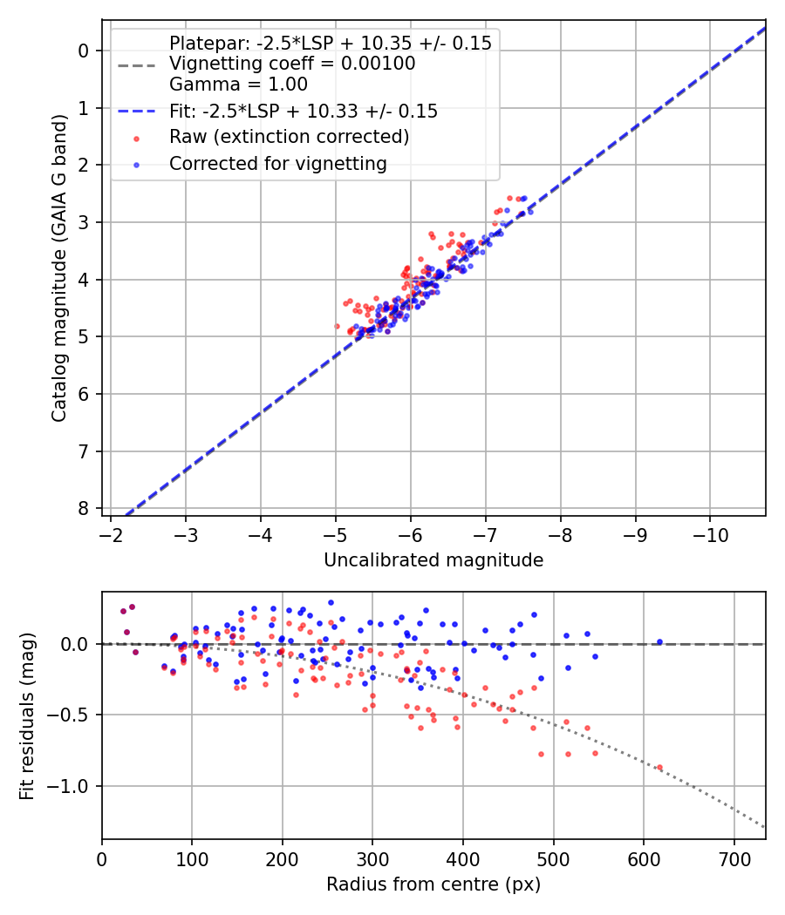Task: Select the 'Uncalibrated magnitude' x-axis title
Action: [433, 560]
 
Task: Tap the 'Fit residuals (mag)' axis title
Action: [27, 716]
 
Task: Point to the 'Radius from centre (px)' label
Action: [433, 884]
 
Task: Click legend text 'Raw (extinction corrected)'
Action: [289, 137]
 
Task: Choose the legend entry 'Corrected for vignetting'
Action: [277, 163]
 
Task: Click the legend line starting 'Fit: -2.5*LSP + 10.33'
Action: [303, 111]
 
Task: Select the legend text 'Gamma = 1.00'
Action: [238, 85]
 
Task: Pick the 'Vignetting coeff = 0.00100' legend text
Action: [292, 64]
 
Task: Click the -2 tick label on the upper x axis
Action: [112, 532]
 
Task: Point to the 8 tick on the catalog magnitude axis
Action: [84, 509]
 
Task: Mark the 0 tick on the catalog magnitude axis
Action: [84, 51]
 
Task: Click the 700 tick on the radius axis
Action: [734, 857]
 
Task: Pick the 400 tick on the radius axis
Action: [463, 857]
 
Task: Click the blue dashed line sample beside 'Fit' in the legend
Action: [136, 111]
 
